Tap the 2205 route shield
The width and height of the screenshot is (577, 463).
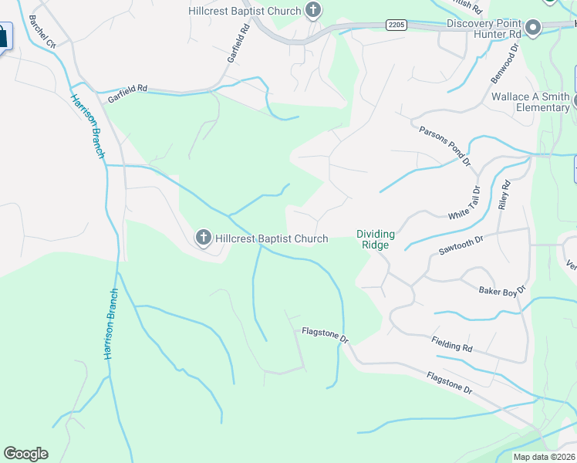tap(396, 25)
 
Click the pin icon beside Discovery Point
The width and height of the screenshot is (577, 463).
tap(532, 28)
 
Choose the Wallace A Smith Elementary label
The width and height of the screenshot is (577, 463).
tap(531, 102)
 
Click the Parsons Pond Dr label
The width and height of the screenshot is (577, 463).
tap(444, 145)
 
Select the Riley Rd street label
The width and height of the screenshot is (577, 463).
tap(505, 195)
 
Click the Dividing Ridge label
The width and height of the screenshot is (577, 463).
tap(375, 239)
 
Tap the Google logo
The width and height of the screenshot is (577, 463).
tap(25, 454)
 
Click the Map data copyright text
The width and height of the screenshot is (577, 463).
tap(545, 457)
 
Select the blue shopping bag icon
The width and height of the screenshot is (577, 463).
tap(3, 36)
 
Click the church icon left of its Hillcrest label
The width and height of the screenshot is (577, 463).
tap(204, 238)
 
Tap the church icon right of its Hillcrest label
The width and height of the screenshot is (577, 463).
tap(312, 10)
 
